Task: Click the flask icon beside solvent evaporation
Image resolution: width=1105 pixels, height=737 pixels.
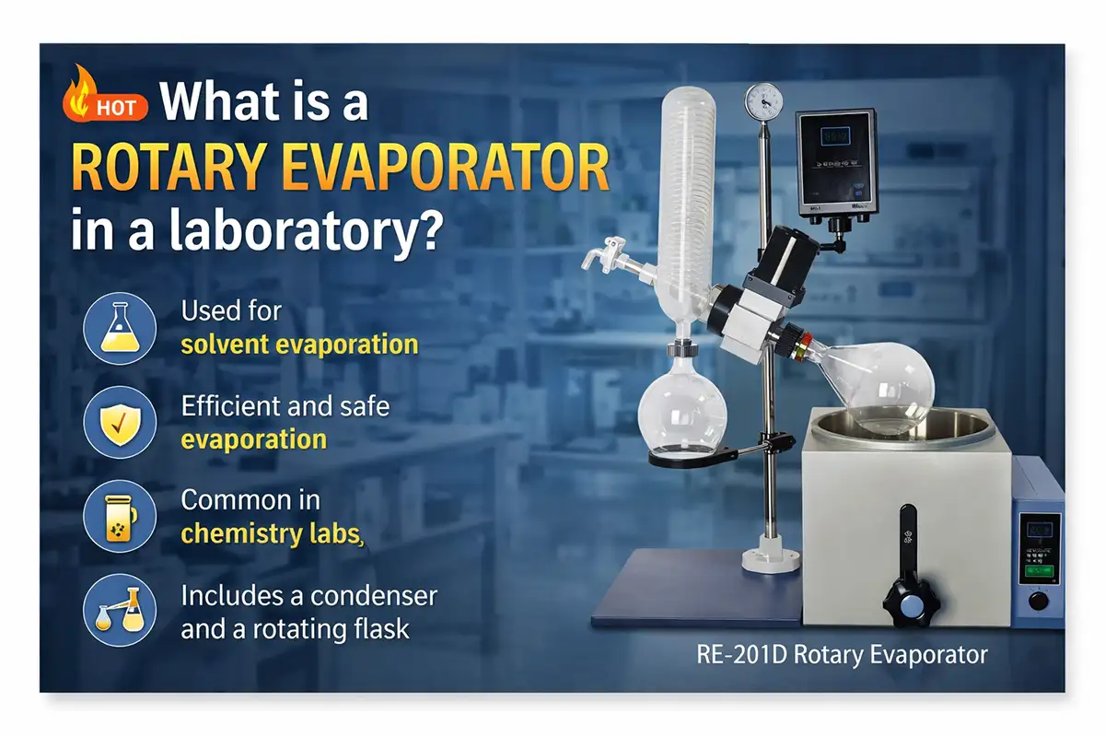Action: [113, 329]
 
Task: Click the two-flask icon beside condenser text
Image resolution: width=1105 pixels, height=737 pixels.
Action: [113, 611]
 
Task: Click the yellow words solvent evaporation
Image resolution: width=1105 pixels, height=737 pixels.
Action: [299, 345]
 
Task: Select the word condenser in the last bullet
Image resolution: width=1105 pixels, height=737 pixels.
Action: [374, 595]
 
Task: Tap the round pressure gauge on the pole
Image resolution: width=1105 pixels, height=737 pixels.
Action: [763, 99]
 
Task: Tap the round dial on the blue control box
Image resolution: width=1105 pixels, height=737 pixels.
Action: [1040, 601]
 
